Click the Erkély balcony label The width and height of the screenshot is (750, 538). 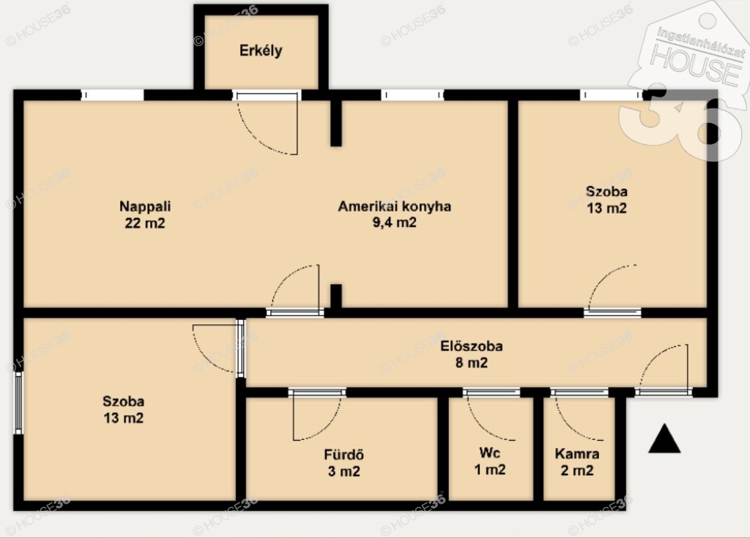pos(261,51)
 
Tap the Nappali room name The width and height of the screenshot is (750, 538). pos(145,206)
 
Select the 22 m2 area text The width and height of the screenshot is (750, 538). pos(145,223)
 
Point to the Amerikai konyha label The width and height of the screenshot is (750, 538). pos(395,206)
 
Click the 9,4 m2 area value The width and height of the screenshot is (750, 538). pos(395,223)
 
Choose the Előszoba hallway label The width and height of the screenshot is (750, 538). pos(472,345)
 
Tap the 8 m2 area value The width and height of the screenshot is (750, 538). pos(472,362)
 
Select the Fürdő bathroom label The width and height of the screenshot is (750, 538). pos(344,455)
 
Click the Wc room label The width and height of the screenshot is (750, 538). pos(490,452)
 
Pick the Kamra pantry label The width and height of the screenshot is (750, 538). pos(577,453)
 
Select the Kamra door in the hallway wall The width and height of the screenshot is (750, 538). pos(579,392)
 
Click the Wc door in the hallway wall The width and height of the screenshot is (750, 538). pos(491,392)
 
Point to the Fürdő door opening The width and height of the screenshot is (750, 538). pos(317,392)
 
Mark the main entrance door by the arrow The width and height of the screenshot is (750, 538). pos(664,392)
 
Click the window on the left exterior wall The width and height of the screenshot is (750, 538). pos(18,403)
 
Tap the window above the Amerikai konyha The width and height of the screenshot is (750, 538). pos(412,95)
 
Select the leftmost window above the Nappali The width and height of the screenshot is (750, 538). pos(112,95)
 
